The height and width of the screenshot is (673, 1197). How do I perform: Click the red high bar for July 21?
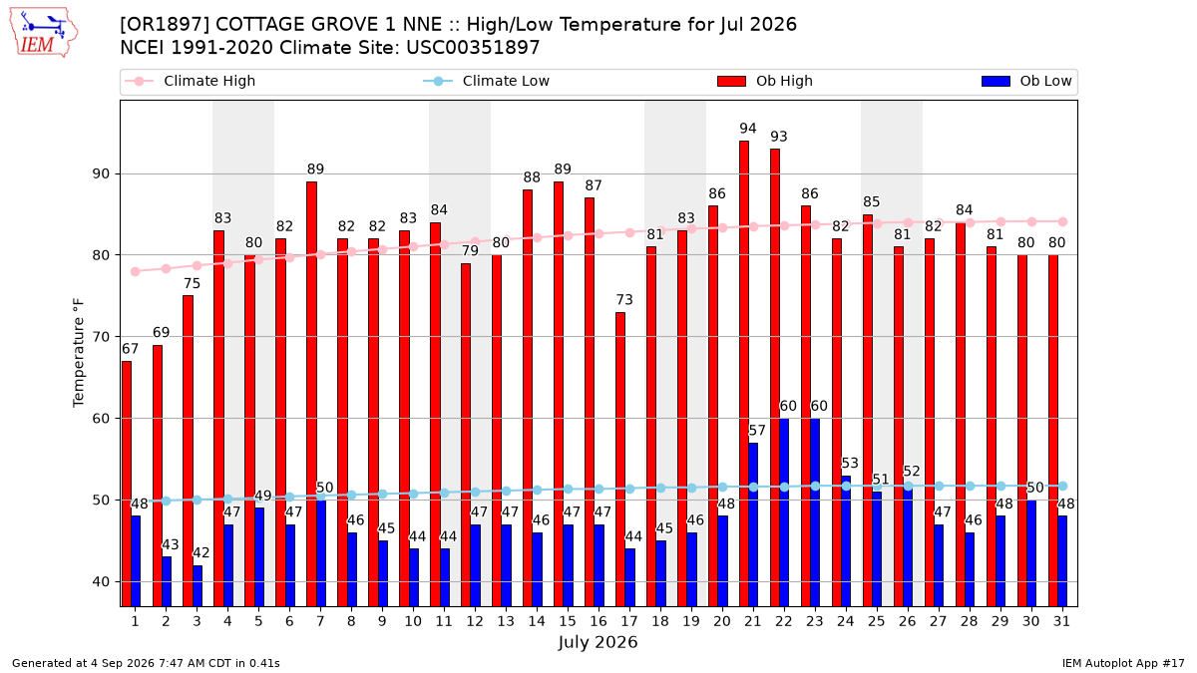pyautogui.click(x=744, y=373)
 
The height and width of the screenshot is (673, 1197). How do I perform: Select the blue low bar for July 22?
pyautogui.click(x=784, y=512)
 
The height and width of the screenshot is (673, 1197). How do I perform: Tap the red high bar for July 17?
pyautogui.click(x=620, y=460)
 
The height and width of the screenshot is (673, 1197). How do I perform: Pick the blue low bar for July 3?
pyautogui.click(x=198, y=586)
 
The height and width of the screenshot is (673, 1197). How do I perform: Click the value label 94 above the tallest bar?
pyautogui.click(x=748, y=129)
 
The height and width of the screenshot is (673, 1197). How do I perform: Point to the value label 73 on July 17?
pyautogui.click(x=624, y=300)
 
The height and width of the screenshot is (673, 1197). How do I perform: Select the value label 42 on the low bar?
pyautogui.click(x=201, y=552)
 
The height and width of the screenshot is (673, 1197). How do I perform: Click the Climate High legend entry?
pyautogui.click(x=191, y=81)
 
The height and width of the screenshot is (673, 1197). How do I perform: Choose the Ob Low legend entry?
pyautogui.click(x=1026, y=81)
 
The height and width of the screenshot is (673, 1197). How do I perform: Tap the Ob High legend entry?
pyautogui.click(x=765, y=81)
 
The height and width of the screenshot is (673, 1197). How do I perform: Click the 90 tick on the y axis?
pyautogui.click(x=101, y=174)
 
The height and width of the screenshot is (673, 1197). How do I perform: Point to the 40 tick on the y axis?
pyautogui.click(x=101, y=581)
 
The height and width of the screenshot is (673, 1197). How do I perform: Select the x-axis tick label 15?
pyautogui.click(x=568, y=622)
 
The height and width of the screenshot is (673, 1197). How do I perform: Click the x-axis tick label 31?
pyautogui.click(x=1061, y=622)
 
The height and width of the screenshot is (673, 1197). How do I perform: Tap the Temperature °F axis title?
pyautogui.click(x=79, y=353)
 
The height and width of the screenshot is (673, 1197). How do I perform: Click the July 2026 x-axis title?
pyautogui.click(x=598, y=642)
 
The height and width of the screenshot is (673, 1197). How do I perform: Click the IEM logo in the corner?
pyautogui.click(x=43, y=33)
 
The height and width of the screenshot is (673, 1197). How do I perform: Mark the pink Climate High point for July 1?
pyautogui.click(x=136, y=271)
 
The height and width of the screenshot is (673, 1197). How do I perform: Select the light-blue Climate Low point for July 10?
pyautogui.click(x=413, y=495)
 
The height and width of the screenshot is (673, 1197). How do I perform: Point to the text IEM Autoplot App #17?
pyautogui.click(x=1123, y=663)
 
